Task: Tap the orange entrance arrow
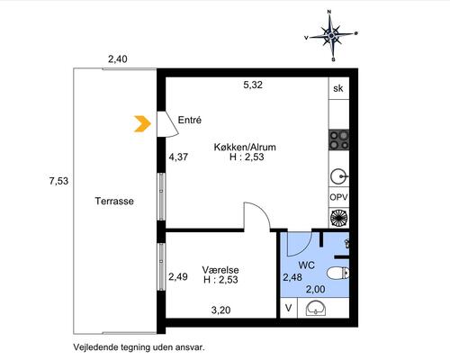141,124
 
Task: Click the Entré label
189,120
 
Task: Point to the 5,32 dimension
253,86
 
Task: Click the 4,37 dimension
179,157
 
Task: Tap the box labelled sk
338,88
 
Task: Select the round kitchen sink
339,175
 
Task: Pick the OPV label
339,197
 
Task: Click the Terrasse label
114,202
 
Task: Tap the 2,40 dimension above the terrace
118,59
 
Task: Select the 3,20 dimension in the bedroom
220,310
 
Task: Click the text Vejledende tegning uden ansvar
140,346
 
